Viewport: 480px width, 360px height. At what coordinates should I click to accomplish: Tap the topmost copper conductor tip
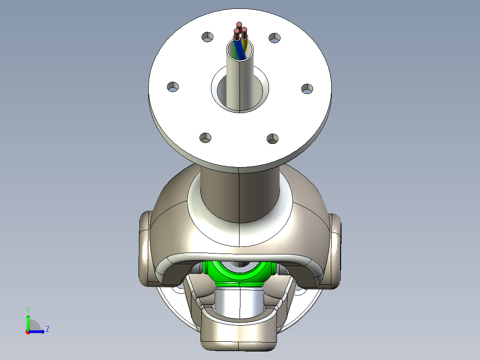tap(239, 25)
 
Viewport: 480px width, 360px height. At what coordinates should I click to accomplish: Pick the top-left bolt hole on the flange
tap(207, 37)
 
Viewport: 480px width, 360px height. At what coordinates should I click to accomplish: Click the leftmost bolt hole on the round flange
tap(173, 86)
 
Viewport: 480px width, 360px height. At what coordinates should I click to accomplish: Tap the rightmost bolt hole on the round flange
tap(307, 89)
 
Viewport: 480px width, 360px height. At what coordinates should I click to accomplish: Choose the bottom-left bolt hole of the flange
tap(205, 137)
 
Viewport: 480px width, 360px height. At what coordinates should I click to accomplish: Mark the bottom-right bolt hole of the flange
tap(273, 139)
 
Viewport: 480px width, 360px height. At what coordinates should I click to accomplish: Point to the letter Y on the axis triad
tap(28, 309)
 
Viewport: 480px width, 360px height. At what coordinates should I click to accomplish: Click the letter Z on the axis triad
tap(47, 329)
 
